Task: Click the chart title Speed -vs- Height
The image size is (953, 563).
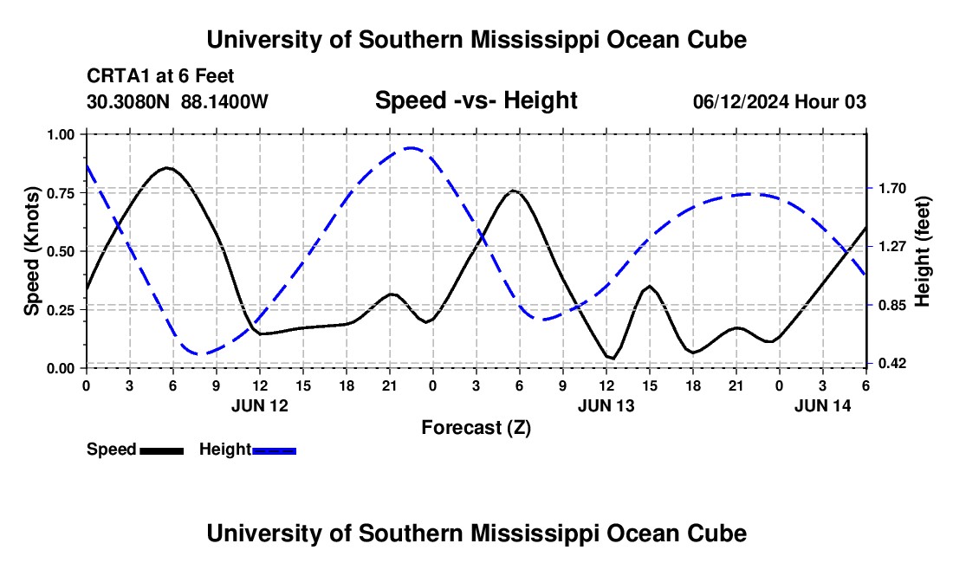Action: pos(476,100)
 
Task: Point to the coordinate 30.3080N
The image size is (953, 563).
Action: pos(127,101)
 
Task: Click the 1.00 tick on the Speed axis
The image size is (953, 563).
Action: pos(60,134)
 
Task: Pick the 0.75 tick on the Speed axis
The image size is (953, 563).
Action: pos(60,193)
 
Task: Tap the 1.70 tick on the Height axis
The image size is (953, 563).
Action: pos(892,188)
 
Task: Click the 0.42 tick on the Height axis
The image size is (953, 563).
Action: pos(892,363)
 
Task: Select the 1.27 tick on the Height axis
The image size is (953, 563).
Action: pos(892,247)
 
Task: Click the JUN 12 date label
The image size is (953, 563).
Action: pos(260,405)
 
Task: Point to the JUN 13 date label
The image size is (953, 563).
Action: pos(606,405)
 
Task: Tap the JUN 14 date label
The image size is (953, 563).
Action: pos(823,405)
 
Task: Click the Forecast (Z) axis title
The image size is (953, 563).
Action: pos(476,428)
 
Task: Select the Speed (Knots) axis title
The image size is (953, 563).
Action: pos(32,251)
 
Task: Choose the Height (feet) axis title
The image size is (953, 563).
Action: pos(922,251)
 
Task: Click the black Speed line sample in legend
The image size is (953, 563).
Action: pos(162,450)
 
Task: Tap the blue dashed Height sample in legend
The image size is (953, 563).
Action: pos(274,450)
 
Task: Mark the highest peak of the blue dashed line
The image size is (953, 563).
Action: pos(412,147)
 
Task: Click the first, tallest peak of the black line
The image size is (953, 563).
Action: pos(168,168)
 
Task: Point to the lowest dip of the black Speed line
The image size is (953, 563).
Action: pos(612,359)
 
